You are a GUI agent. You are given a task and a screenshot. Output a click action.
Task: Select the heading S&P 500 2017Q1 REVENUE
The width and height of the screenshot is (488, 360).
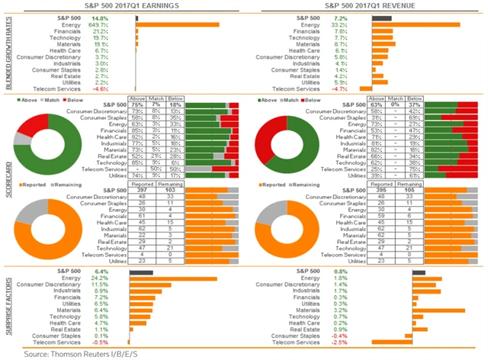click(368, 6)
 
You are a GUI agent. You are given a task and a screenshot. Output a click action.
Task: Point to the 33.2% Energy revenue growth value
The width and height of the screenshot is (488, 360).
click(358, 24)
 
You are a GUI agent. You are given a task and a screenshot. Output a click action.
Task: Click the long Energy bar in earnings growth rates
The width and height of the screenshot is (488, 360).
click(178, 24)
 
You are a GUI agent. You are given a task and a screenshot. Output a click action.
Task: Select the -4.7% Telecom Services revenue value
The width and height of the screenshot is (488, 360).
click(359, 88)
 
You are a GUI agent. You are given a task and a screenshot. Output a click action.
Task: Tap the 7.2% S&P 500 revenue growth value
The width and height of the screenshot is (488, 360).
click(359, 17)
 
